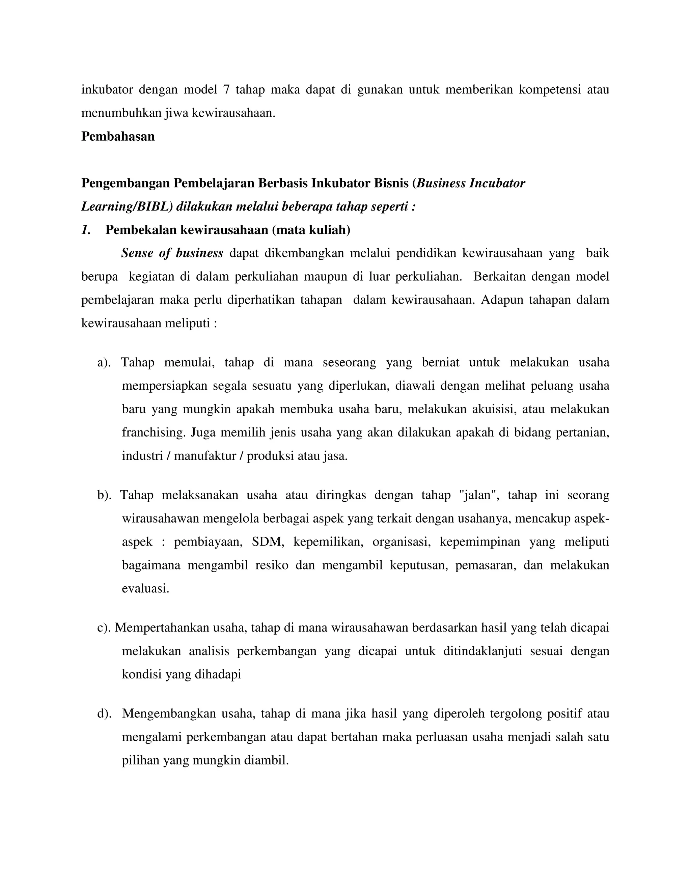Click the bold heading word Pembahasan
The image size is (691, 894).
[x=118, y=136]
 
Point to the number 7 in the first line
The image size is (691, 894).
[x=226, y=90]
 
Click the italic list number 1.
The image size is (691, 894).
[x=86, y=230]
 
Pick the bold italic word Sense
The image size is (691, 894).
[x=137, y=253]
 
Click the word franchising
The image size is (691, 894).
[x=154, y=433]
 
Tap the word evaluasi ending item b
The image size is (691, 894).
[x=145, y=589]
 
